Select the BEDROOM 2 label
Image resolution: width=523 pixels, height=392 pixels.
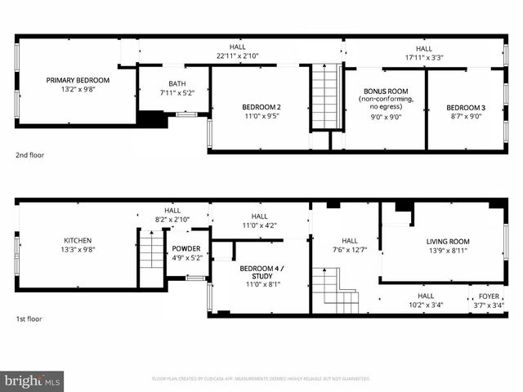pyautogui.click(x=261, y=107)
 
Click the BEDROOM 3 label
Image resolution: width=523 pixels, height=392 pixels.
pyautogui.click(x=466, y=108)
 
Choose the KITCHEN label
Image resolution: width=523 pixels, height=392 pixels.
pyautogui.click(x=78, y=240)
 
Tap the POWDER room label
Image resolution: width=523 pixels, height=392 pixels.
pyautogui.click(x=186, y=248)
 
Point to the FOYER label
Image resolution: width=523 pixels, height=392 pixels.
pyautogui.click(x=489, y=296)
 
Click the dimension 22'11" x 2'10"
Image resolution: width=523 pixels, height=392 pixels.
pyautogui.click(x=237, y=56)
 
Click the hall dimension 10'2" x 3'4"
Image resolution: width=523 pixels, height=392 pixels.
pyautogui.click(x=426, y=305)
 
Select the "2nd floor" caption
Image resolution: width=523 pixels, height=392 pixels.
pyautogui.click(x=32, y=154)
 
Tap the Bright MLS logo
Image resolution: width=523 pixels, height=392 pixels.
pyautogui.click(x=33, y=381)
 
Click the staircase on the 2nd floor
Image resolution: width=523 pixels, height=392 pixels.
pyautogui.click(x=325, y=98)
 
